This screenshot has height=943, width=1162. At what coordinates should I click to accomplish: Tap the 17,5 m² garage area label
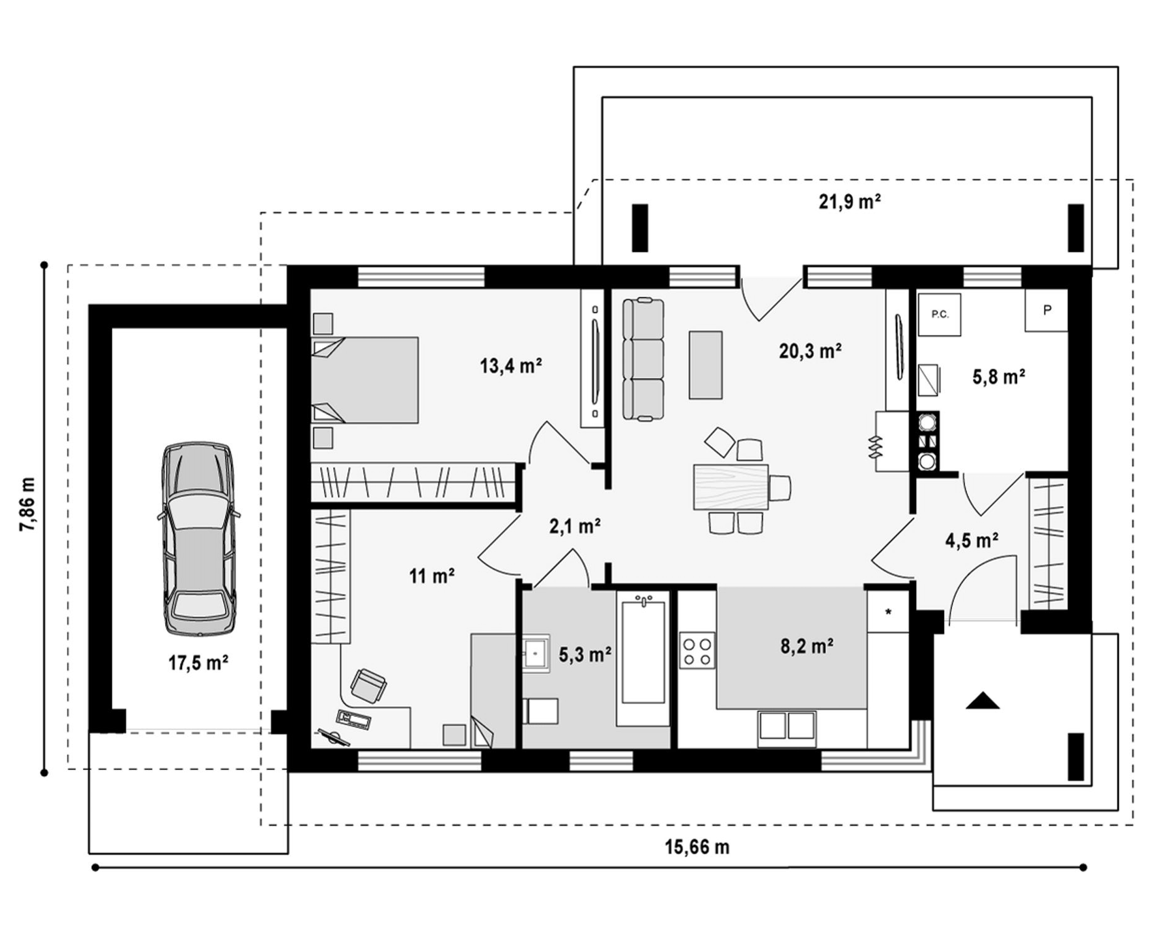[x=198, y=663]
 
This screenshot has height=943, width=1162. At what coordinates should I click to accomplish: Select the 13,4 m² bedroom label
[x=510, y=366]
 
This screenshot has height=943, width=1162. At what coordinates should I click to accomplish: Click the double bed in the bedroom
[x=365, y=380]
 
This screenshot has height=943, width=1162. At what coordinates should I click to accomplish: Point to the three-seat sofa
[x=644, y=359]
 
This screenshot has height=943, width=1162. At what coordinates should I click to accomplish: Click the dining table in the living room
[x=731, y=486]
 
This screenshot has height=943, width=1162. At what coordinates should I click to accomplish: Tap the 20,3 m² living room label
[x=810, y=352]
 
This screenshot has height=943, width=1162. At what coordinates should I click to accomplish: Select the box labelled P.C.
[x=940, y=314]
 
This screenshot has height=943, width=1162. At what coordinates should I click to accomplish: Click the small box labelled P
[x=1046, y=310]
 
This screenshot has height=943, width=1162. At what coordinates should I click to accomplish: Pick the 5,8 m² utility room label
[x=998, y=377]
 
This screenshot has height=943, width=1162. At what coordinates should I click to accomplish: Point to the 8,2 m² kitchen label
[x=807, y=646]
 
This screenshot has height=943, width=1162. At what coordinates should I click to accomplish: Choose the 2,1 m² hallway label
[x=574, y=526]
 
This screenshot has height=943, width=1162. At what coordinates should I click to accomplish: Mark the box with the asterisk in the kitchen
[x=888, y=611]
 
